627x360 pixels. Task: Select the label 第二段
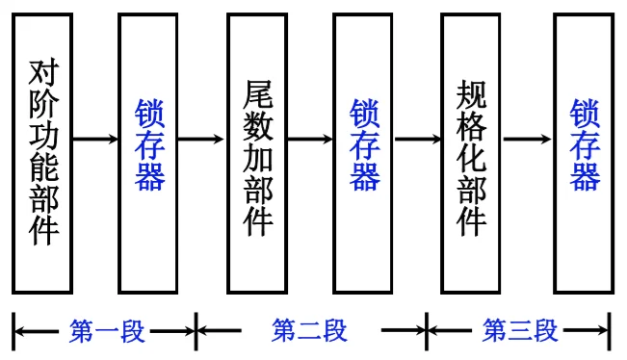click(x=309, y=332)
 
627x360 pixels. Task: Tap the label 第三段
click(x=520, y=332)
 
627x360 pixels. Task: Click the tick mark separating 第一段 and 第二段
click(x=196, y=332)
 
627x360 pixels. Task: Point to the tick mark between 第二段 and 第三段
click(x=426, y=332)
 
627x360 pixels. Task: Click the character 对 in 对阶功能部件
click(x=42, y=73)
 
